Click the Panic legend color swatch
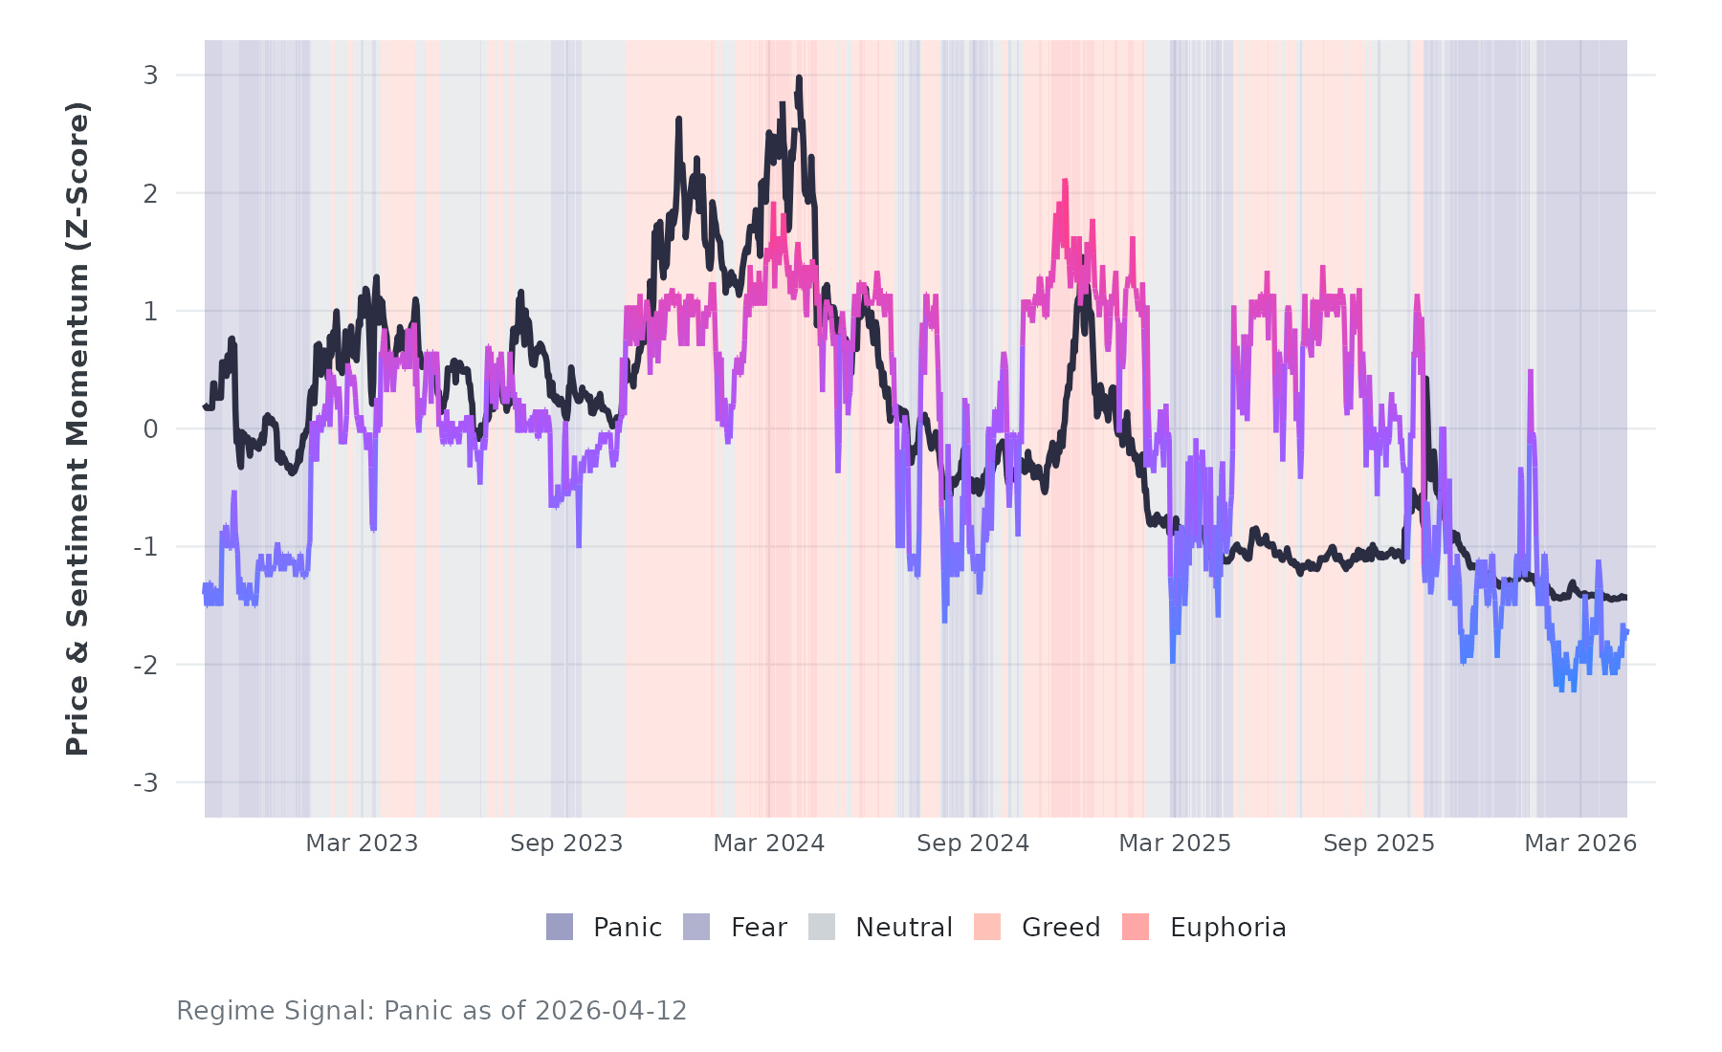tap(560, 927)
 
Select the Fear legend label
tap(759, 928)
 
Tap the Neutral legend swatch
tap(822, 927)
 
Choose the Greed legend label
tap(1061, 928)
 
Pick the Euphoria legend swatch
tap(1136, 927)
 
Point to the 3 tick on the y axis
tap(150, 76)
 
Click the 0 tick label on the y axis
tap(150, 429)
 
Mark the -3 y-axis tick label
tap(145, 783)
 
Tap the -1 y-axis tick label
tap(145, 547)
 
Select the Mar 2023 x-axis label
tap(362, 844)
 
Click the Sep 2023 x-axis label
tap(566, 844)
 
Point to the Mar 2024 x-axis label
tap(769, 844)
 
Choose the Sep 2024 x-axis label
tap(973, 844)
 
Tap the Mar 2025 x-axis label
tap(1175, 844)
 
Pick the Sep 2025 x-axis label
tap(1379, 844)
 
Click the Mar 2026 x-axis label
tap(1580, 844)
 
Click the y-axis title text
tap(77, 428)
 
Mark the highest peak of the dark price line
tap(799, 78)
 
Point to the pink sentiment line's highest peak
tap(1064, 182)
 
